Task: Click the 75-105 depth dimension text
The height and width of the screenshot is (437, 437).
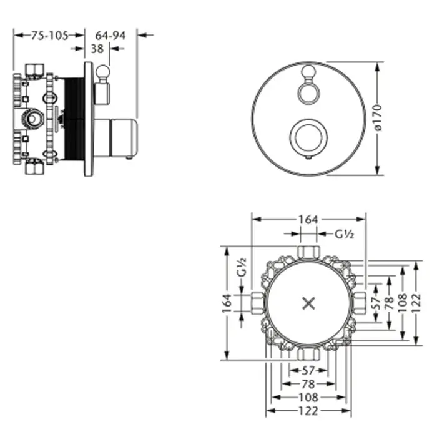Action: point(49,36)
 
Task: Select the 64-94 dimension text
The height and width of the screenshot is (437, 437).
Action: point(110,36)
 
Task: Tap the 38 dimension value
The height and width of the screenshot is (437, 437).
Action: point(97,49)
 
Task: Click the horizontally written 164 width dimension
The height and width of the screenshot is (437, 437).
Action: point(308,220)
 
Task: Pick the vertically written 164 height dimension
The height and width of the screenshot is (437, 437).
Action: point(227,303)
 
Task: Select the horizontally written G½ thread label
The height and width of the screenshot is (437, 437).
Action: point(344,234)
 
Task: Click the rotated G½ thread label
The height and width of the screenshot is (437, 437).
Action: point(242,267)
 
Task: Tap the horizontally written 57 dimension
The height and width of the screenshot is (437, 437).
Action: point(308,370)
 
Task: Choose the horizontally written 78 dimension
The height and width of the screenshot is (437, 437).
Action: point(308,384)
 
